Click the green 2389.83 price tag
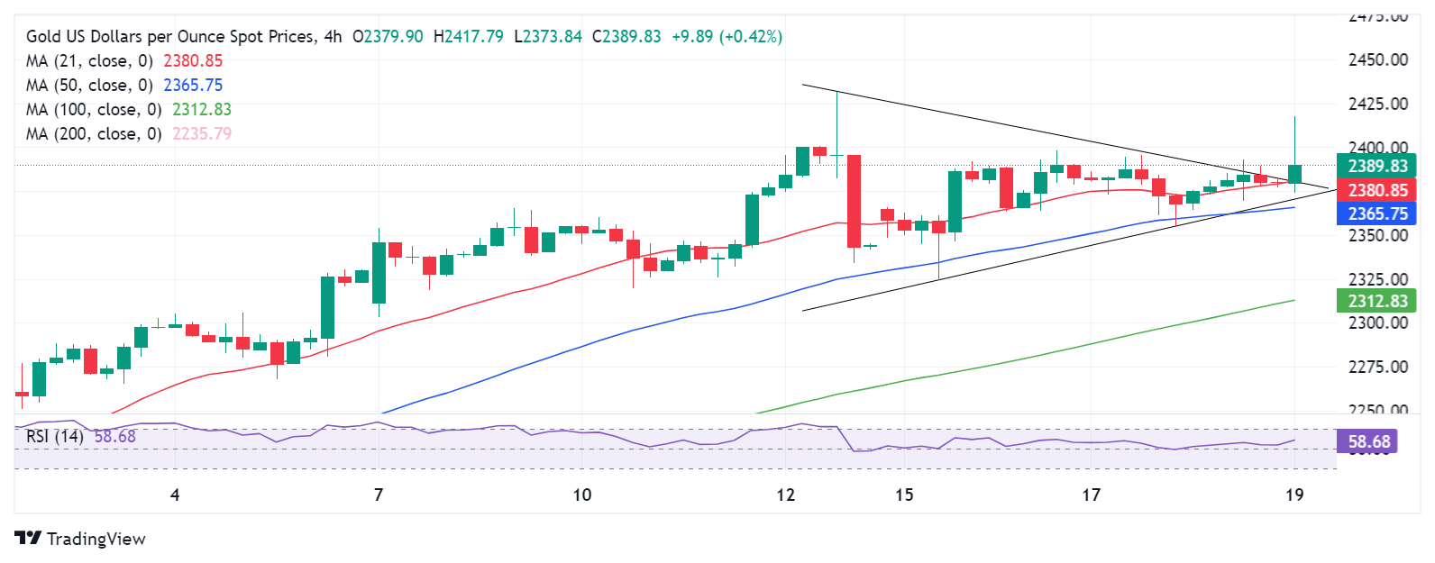(x=1376, y=166)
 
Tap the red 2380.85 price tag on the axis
(x=1376, y=190)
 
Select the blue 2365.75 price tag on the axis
(x=1376, y=213)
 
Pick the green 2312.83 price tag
(x=1376, y=301)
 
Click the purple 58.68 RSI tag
(x=1368, y=441)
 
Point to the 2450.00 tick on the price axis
(x=1377, y=60)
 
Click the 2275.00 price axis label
(x=1377, y=367)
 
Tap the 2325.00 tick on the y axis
(x=1377, y=279)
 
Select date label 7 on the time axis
(x=379, y=495)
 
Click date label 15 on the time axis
(x=904, y=495)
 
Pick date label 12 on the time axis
(x=786, y=495)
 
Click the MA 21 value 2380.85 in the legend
(x=193, y=61)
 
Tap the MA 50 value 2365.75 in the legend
(x=193, y=86)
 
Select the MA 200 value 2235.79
(x=202, y=134)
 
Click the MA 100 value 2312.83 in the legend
(x=202, y=110)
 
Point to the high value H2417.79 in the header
(x=469, y=37)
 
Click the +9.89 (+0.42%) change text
(x=727, y=37)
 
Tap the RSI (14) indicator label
(x=55, y=437)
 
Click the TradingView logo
(x=80, y=539)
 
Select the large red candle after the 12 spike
(x=854, y=201)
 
